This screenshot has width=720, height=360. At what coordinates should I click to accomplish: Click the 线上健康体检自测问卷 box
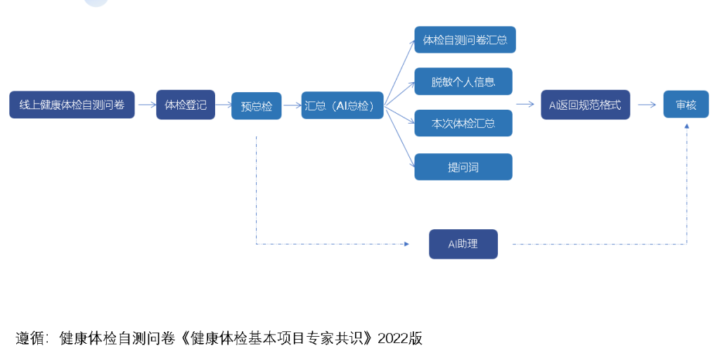[x=72, y=105]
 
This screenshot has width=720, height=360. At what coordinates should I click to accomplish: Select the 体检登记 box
[x=186, y=105]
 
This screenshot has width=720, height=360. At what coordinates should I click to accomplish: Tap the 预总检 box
[x=256, y=106]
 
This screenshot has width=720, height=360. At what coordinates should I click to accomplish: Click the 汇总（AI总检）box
[x=342, y=106]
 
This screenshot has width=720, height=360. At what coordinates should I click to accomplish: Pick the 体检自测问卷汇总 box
[x=465, y=40]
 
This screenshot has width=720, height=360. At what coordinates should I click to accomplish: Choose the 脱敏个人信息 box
[x=463, y=82]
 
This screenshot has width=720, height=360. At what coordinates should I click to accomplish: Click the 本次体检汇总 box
[x=463, y=123]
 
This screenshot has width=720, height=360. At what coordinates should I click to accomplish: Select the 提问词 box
[x=463, y=167]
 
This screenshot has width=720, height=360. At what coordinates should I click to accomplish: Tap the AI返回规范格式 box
[x=585, y=105]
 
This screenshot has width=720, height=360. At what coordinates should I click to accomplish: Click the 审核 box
[x=686, y=104]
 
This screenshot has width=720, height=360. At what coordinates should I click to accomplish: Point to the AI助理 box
[x=463, y=244]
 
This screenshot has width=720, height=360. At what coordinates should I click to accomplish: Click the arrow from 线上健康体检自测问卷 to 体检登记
[x=146, y=105]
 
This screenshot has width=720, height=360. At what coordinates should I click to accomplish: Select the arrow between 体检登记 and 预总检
[x=224, y=105]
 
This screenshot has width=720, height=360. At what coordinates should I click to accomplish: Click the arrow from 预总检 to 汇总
[x=291, y=105]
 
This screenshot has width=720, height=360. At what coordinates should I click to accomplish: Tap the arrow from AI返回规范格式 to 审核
[x=646, y=104]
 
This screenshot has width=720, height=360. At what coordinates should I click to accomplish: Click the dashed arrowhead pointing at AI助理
[x=406, y=244]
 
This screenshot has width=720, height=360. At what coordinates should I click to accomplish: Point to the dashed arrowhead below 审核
[x=687, y=126]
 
